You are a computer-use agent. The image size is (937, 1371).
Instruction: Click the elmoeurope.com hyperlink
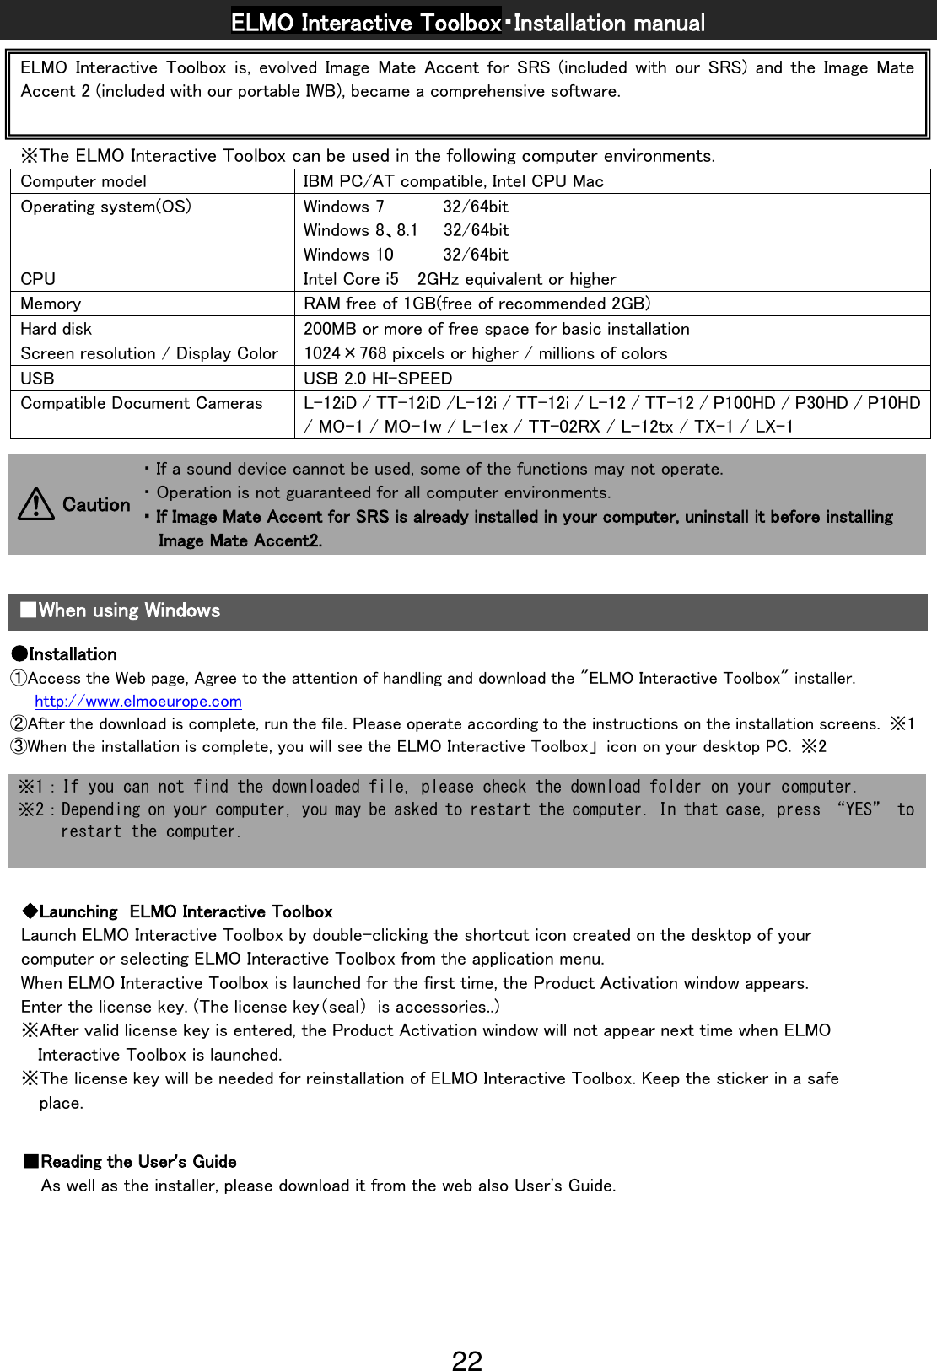click(138, 702)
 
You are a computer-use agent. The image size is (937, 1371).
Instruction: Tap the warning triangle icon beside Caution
click(36, 504)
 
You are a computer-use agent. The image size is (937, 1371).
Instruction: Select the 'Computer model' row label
click(83, 181)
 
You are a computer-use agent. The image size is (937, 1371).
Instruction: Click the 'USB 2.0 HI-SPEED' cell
click(378, 379)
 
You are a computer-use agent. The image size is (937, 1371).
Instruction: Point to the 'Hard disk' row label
click(57, 329)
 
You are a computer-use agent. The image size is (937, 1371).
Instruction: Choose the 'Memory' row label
click(51, 304)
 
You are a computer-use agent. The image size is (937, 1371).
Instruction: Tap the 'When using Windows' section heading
click(128, 610)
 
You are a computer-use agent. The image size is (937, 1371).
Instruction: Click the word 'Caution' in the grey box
click(96, 505)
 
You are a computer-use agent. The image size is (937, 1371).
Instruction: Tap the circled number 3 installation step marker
click(18, 747)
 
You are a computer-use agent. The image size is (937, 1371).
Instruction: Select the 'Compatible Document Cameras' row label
click(142, 403)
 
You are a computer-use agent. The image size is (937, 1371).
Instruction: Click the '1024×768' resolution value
click(345, 353)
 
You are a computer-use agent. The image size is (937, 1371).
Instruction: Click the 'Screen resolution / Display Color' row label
click(149, 353)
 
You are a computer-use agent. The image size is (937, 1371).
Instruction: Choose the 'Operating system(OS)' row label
click(105, 207)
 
